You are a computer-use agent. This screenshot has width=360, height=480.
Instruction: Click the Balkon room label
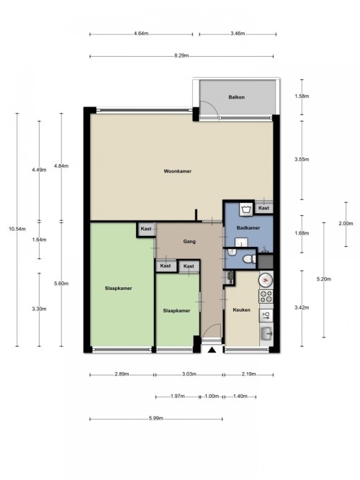pos(236,97)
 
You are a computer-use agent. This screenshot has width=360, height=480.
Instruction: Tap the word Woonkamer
pos(177,171)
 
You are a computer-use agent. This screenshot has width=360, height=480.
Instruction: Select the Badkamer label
pos(248,227)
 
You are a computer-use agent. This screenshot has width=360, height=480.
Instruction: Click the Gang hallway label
pos(189,242)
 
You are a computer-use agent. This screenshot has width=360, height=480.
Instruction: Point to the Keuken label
pos(241,309)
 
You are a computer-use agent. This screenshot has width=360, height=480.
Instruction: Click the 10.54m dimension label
pos(17,229)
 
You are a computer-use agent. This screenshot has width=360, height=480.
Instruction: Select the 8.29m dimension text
pos(181,55)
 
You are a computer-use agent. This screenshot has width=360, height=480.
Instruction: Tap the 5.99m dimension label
pos(156,418)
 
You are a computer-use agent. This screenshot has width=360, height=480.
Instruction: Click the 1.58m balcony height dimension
pos(302,96)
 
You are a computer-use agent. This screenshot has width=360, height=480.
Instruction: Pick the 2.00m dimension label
pos(346,224)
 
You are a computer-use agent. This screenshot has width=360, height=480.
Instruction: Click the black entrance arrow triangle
pos(212,350)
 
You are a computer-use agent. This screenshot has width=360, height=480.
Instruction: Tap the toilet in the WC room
pos(249,260)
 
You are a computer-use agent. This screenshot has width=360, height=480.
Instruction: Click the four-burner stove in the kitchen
pos(266,296)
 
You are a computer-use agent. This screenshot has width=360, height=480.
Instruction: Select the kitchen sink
pos(266,333)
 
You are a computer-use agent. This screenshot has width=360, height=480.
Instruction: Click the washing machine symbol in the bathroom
pos(246,209)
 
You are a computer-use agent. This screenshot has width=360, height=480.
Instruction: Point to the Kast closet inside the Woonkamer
pos(264,208)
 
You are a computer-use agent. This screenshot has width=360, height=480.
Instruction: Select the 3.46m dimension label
pos(238,34)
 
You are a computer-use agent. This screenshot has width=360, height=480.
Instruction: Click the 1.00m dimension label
pos(212,396)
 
